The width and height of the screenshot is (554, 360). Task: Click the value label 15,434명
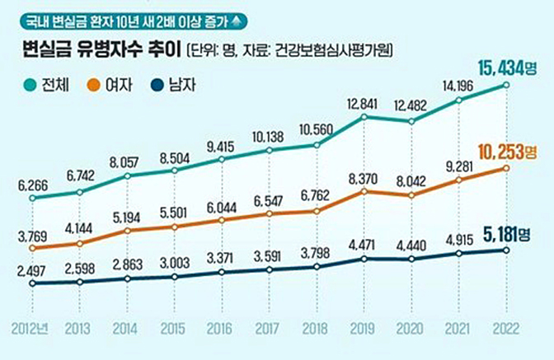tap(506, 67)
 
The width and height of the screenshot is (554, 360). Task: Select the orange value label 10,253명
tap(506, 151)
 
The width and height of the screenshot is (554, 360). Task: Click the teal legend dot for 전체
tap(30, 83)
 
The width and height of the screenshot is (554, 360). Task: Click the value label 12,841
tap(363, 103)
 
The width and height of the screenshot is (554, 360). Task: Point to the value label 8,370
tap(363, 178)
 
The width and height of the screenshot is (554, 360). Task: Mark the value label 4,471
tap(363, 244)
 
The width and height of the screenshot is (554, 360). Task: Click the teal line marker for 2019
tap(363, 117)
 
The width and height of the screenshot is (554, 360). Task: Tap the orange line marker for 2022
tap(505, 168)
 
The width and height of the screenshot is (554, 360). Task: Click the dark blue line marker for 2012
tap(32, 283)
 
